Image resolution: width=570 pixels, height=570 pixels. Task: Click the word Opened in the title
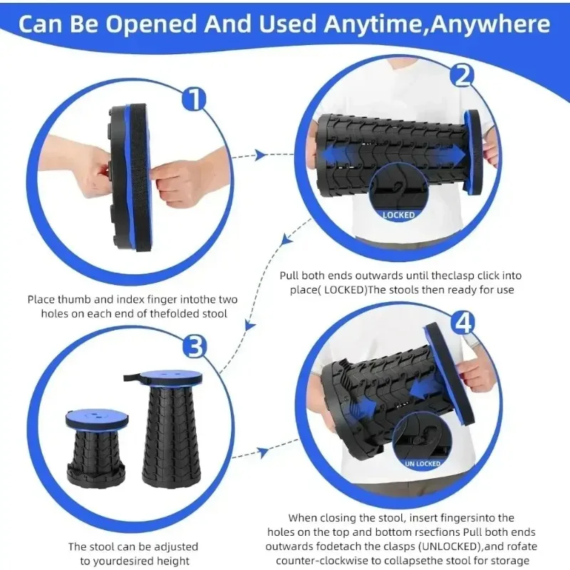(x=162, y=24)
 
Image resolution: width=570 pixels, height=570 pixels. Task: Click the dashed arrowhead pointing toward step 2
(x=261, y=155)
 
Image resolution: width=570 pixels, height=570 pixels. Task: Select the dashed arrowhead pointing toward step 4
(x=262, y=451)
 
